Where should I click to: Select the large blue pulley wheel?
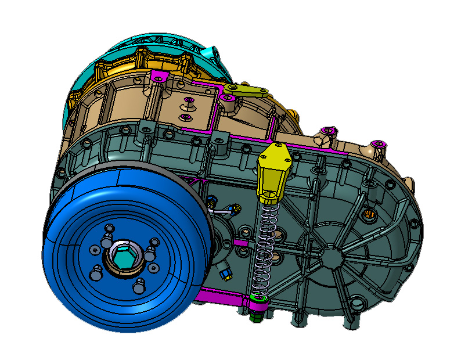pyautogui.click(x=81, y=290)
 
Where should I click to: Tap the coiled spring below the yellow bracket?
pyautogui.click(x=265, y=244)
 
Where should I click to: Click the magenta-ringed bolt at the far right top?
pyautogui.click(x=379, y=143)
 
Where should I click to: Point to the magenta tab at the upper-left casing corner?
pyautogui.click(x=158, y=77)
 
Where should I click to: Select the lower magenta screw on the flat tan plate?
pyautogui.click(x=186, y=118)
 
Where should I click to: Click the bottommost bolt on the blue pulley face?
pyautogui.click(x=139, y=286)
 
